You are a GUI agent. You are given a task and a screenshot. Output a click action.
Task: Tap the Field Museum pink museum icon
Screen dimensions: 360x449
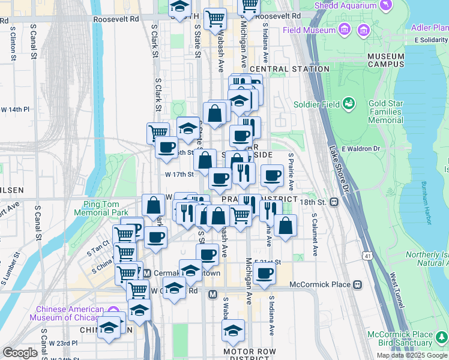click(345, 29)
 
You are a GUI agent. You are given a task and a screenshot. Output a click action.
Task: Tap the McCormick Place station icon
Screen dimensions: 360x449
click(358, 284)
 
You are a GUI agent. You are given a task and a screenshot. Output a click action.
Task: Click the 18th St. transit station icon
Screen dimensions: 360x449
click(333, 202)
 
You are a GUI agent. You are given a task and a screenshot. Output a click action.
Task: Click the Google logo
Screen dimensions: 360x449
click(20, 352)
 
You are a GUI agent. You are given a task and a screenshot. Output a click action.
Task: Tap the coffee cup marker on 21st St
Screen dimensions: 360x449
click(264, 274)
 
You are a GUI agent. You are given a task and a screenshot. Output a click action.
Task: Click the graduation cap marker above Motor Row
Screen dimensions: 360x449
click(233, 329)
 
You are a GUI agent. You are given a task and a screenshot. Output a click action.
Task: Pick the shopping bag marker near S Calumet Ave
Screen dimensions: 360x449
click(286, 226)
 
